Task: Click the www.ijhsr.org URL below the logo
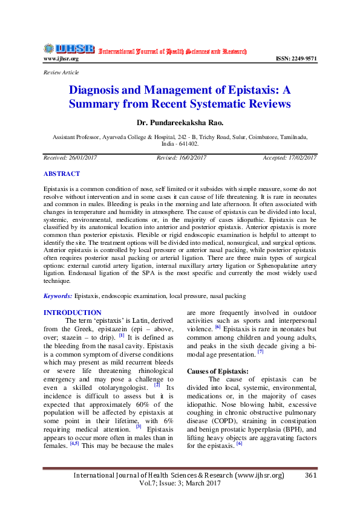click(x=61, y=59)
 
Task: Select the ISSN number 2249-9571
click(x=296, y=59)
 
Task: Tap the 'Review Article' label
click(x=61, y=73)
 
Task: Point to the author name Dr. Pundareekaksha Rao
click(x=180, y=123)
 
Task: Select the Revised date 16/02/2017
click(x=192, y=157)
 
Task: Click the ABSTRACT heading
click(x=61, y=173)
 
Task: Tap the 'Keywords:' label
click(x=58, y=296)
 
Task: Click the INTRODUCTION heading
click(x=73, y=313)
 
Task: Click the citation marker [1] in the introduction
click(x=122, y=334)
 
